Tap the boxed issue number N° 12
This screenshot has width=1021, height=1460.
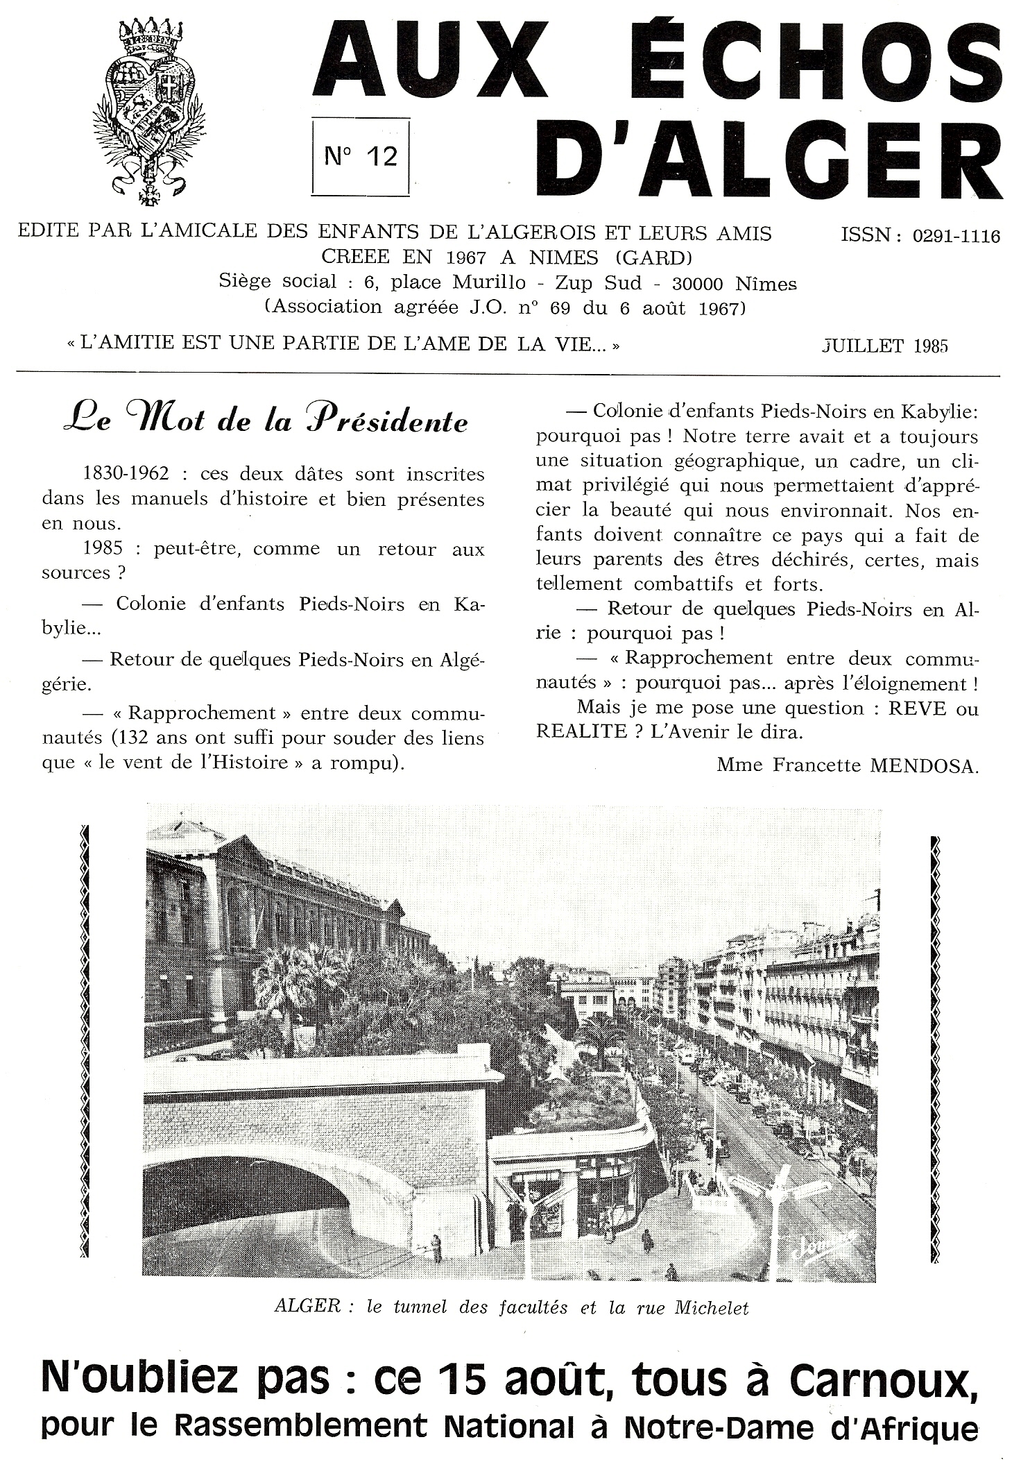click(x=361, y=156)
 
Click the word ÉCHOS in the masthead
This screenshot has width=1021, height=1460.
click(x=784, y=65)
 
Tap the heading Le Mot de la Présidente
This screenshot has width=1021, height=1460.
click(x=265, y=421)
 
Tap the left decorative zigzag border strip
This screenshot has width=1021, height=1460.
click(x=85, y=1041)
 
